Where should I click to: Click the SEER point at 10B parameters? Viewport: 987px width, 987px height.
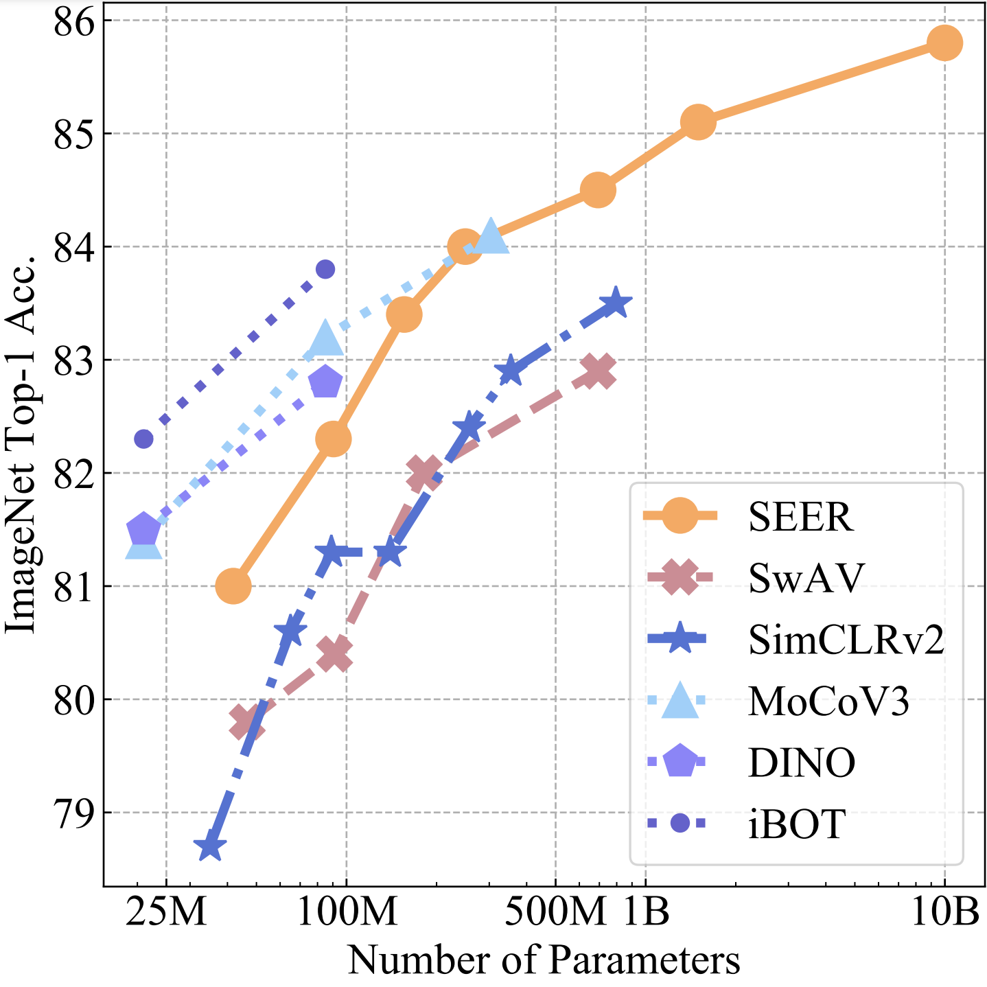[944, 43]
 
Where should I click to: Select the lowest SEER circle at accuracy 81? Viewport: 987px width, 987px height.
[233, 585]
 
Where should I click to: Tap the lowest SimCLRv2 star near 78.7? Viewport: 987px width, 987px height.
[210, 847]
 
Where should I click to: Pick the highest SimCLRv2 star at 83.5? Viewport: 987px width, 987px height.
[616, 303]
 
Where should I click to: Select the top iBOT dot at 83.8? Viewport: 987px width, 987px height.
[325, 269]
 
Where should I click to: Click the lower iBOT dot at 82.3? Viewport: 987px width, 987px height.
[143, 439]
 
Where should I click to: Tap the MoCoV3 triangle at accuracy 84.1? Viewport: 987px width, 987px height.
[490, 237]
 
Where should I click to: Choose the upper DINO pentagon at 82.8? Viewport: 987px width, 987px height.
[325, 382]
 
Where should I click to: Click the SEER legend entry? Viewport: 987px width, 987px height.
[800, 517]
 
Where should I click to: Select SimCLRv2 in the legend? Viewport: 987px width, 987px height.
[846, 640]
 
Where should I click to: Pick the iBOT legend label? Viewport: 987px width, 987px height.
[796, 824]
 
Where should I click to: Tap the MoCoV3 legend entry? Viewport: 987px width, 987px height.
[828, 701]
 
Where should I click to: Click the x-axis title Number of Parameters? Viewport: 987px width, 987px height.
[544, 960]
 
